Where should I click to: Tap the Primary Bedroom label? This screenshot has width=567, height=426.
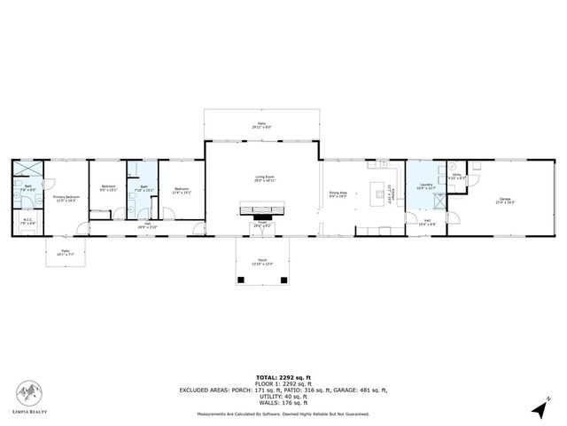pos(66,198)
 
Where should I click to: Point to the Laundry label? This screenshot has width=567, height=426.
pos(425,186)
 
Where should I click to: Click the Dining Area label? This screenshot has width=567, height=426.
pos(338,193)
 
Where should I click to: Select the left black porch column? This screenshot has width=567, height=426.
pos(241,280)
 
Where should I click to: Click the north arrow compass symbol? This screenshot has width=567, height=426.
pos(540,407)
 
